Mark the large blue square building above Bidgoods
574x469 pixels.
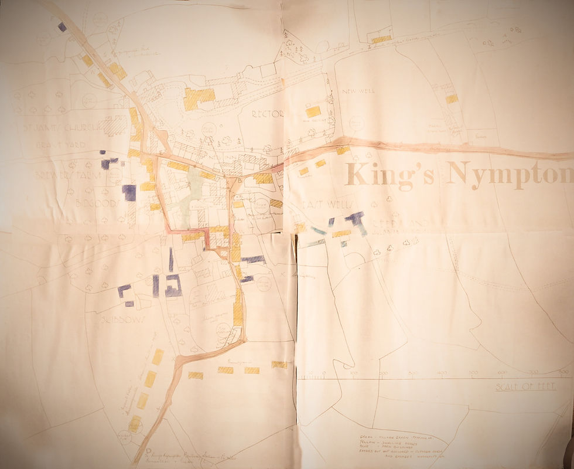129,192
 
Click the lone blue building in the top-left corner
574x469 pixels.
62,26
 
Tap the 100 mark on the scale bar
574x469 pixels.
354,373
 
